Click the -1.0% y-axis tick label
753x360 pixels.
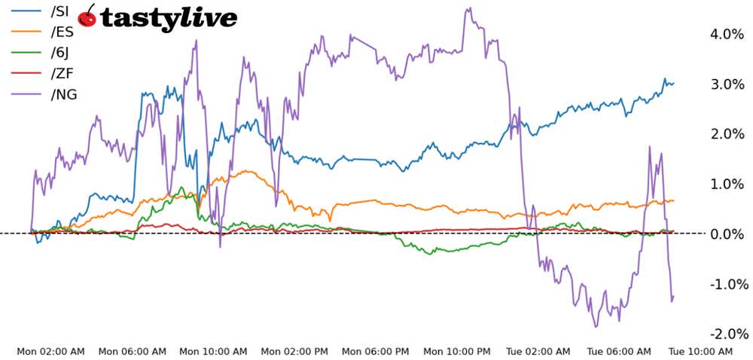click(727, 284)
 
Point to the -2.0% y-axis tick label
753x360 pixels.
click(727, 334)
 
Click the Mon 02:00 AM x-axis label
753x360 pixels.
click(51, 352)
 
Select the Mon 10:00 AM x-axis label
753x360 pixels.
click(213, 352)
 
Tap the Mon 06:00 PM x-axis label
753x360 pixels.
click(375, 352)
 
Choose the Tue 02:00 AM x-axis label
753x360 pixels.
click(538, 352)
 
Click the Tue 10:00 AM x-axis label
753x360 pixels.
click(700, 352)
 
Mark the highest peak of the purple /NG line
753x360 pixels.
click(468, 8)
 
